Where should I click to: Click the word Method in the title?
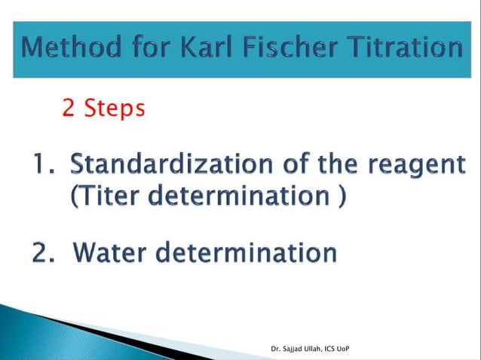[x=69, y=49]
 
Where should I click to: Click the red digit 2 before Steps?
[x=69, y=109]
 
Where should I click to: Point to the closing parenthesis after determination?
[x=343, y=198]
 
